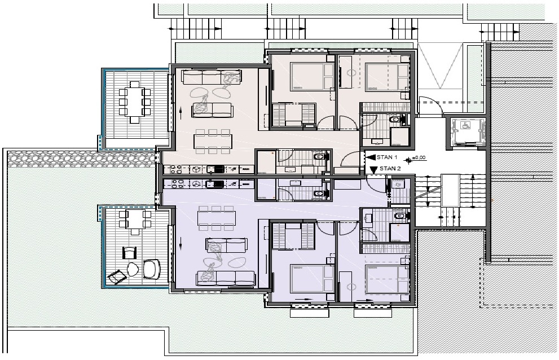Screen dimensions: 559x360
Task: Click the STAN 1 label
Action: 387,157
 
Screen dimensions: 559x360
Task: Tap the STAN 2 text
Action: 390,169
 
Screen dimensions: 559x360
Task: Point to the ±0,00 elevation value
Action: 419,157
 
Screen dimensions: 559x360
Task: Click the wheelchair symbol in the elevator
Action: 465,125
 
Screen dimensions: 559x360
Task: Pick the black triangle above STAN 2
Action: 373,170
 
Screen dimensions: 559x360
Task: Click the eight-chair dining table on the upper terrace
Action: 134,102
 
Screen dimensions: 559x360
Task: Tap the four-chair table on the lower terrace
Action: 135,222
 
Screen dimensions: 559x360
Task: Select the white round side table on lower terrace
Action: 133,269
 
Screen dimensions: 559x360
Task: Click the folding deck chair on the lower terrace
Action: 117,276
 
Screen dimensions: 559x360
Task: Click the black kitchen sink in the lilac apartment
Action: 215,184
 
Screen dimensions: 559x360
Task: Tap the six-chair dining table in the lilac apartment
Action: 217,218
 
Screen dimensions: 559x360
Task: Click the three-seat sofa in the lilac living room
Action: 226,278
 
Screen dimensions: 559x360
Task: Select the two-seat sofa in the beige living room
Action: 212,110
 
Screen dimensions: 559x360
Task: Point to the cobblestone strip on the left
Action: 82,159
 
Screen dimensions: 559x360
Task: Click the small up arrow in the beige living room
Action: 181,114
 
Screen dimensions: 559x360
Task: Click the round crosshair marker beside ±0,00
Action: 408,160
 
